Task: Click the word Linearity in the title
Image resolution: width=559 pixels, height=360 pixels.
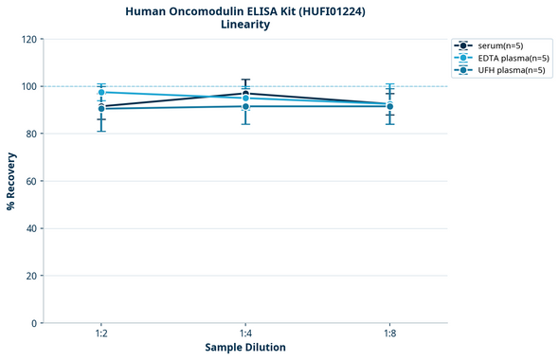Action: pos(244,25)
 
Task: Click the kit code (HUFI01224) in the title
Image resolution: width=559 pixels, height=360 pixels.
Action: pos(328,10)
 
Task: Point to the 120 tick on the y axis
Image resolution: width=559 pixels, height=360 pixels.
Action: pos(28,39)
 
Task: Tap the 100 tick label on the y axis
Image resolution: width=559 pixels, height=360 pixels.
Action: pos(28,86)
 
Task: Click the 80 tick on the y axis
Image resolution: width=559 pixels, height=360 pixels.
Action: pos(31,134)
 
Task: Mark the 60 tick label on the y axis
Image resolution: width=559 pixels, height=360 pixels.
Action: pos(31,181)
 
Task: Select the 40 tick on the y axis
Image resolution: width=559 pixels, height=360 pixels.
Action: pos(31,228)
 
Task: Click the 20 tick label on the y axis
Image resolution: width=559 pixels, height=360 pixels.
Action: pos(31,276)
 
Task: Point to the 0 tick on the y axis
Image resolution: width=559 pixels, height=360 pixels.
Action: pos(34,323)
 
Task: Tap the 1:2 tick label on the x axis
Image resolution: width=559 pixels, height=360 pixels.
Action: pos(101,334)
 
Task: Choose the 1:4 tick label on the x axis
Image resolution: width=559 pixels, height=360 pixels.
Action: pos(245,334)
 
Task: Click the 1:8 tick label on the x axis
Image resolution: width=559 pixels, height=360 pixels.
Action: pos(390,334)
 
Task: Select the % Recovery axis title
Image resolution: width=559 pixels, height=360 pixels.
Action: pos(11,180)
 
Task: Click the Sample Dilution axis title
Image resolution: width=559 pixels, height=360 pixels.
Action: pos(245,348)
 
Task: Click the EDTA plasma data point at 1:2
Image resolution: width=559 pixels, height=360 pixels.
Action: pos(101,92)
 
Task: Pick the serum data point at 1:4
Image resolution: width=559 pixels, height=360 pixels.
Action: pos(245,93)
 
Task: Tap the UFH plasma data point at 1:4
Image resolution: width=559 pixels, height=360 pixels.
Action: pos(245,106)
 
